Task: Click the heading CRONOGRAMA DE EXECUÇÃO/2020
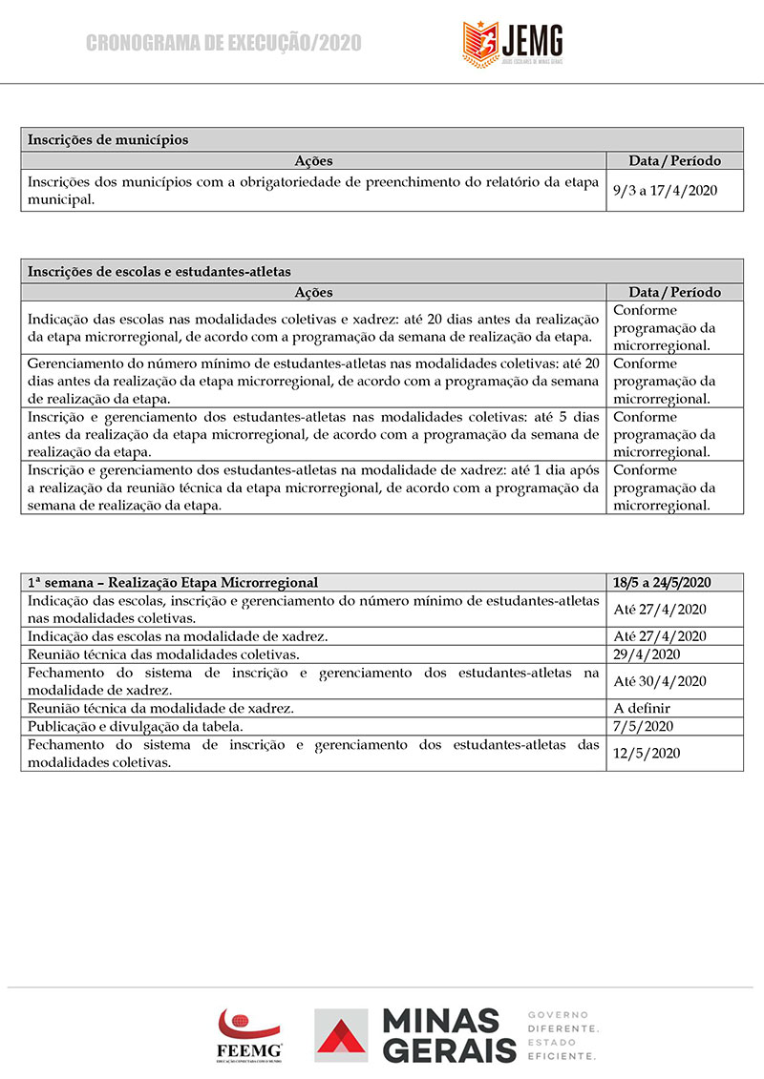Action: pos(224,43)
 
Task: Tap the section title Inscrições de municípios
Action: pos(108,139)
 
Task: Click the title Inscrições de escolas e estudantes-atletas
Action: pos(159,271)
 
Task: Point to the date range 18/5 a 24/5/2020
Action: pos(663,582)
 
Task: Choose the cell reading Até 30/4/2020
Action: pos(659,681)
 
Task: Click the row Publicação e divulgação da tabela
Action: pos(145,726)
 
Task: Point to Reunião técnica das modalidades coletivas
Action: pos(163,654)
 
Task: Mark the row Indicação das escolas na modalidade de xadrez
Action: pos(178,636)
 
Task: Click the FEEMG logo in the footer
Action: pos(249,1034)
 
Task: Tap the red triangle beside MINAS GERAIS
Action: pos(341,1039)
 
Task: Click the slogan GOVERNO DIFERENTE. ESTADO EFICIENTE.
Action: pos(562,1035)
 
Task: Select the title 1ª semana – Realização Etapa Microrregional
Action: pos(173,582)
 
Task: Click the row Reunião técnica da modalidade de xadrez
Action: pos(160,708)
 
